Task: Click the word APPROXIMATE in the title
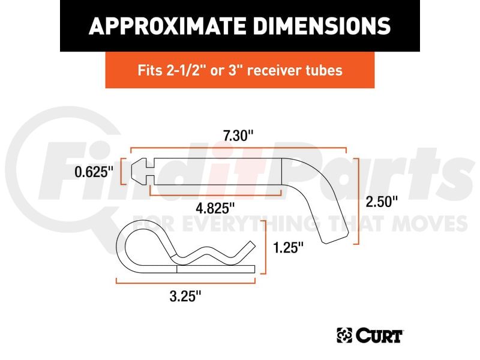[x=167, y=26]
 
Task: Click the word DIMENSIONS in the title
[x=322, y=26]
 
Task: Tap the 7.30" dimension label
[x=238, y=136]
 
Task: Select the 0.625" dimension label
[x=94, y=172]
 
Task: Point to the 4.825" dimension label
[x=215, y=208]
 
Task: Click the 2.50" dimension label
[x=382, y=202]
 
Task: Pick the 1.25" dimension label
[x=288, y=247]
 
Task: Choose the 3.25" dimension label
[x=185, y=296]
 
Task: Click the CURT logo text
[x=379, y=335]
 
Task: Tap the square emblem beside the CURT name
[x=344, y=335]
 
